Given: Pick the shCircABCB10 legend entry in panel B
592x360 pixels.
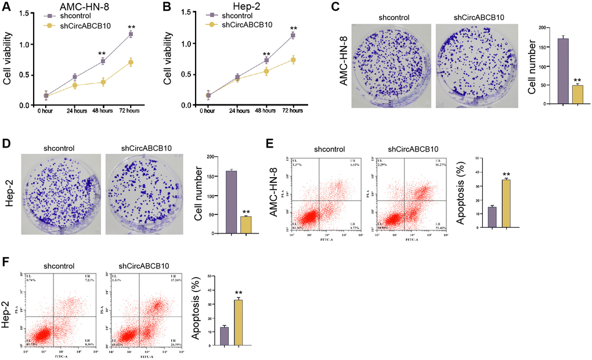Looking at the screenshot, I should pos(243,25).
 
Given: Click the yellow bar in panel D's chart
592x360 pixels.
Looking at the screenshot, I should pos(246,225).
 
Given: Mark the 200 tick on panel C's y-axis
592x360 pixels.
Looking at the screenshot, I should pos(542,28).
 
